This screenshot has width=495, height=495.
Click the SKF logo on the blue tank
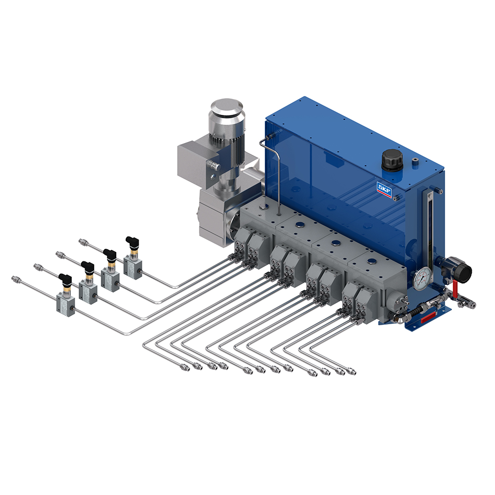pyautogui.click(x=384, y=190)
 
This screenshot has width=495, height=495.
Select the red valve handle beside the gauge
pyautogui.click(x=455, y=289)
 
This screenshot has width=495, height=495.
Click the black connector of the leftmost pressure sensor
pyautogui.click(x=65, y=280)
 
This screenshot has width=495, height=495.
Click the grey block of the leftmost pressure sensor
pyautogui.click(x=66, y=304)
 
